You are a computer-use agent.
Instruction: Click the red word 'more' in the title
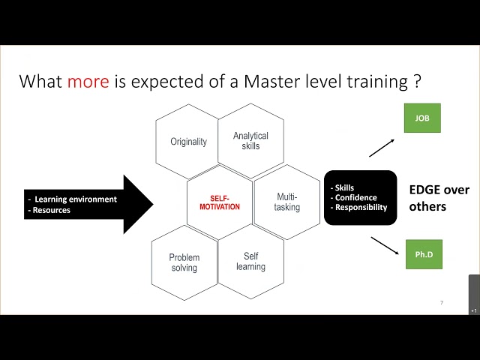pyautogui.click(x=89, y=81)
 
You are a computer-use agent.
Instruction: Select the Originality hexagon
pyautogui.click(x=188, y=142)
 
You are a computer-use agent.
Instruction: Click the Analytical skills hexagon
pyautogui.click(x=250, y=141)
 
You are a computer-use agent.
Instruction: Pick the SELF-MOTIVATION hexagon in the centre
pyautogui.click(x=220, y=202)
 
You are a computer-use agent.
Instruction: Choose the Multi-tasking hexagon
pyautogui.click(x=286, y=202)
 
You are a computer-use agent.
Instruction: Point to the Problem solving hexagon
pyautogui.click(x=184, y=262)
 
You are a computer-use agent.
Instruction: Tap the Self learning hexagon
pyautogui.click(x=250, y=262)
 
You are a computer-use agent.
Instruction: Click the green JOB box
pyautogui.click(x=422, y=118)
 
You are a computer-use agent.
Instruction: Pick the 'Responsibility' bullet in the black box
pyautogui.click(x=361, y=207)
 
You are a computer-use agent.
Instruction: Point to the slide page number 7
pyautogui.click(x=441, y=303)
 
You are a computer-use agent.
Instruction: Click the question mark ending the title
pyautogui.click(x=416, y=81)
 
